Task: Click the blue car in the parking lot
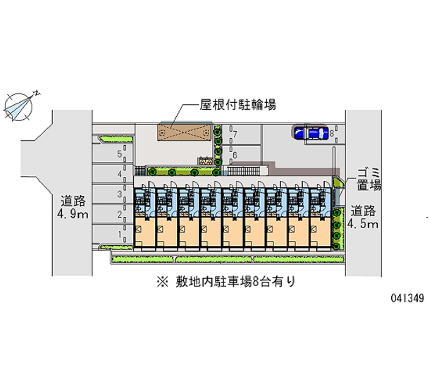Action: [x=310, y=132]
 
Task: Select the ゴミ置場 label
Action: [x=369, y=180]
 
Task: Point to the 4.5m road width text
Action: [x=364, y=217]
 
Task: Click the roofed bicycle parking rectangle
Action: [x=183, y=132]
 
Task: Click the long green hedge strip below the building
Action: [x=226, y=259]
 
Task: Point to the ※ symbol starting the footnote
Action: [x=161, y=281]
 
